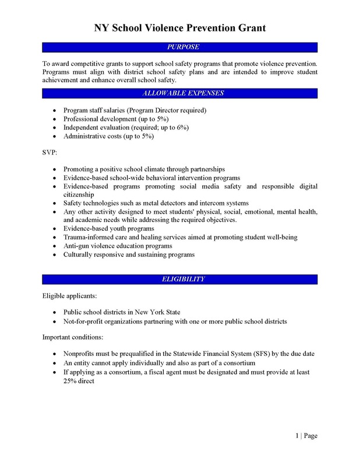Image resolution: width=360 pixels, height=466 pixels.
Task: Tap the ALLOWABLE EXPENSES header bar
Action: [x=180, y=93]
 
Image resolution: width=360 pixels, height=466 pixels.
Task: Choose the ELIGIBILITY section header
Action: [x=180, y=280]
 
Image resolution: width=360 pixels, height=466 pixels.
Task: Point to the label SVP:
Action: [x=51, y=153]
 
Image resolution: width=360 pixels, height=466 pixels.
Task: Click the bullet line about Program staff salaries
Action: [x=135, y=110]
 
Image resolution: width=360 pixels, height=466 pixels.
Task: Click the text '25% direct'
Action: [x=79, y=380]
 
